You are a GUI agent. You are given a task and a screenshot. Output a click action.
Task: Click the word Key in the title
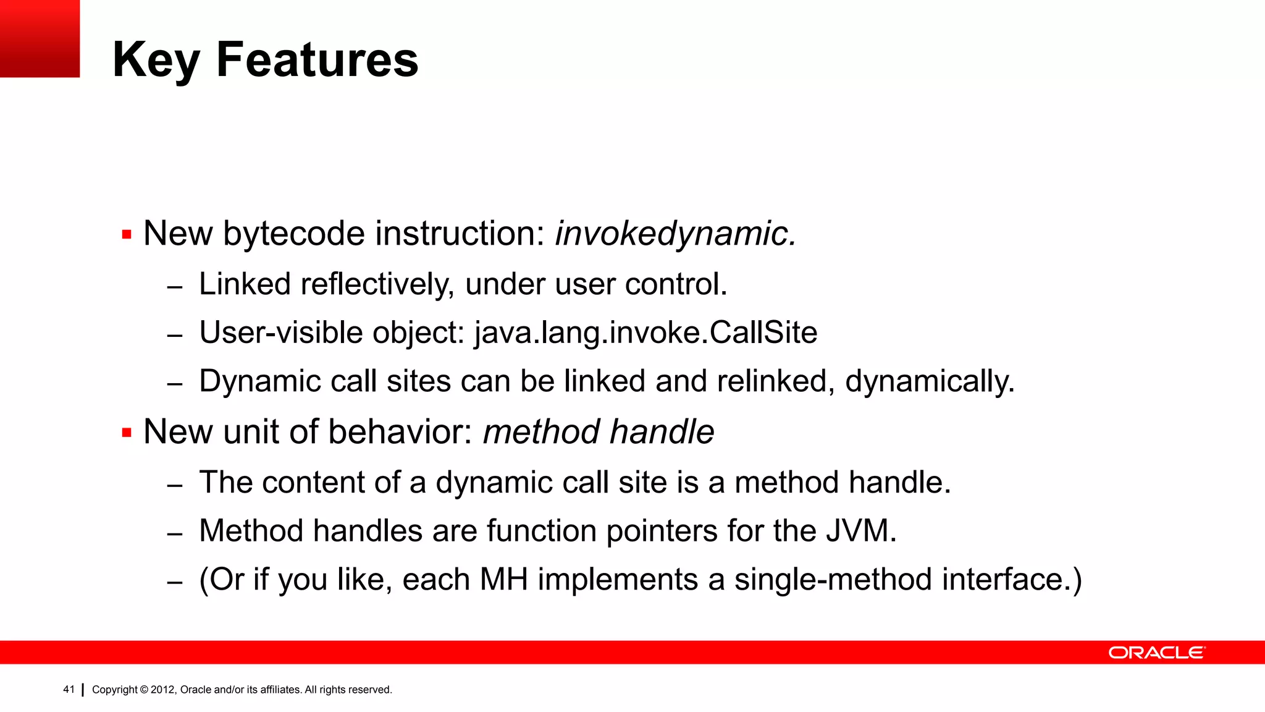[156, 61]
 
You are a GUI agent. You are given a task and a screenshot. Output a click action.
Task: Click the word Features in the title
[317, 59]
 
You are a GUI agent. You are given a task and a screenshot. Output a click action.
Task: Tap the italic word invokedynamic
[676, 234]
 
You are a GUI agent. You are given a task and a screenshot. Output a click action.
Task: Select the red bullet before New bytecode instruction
[127, 235]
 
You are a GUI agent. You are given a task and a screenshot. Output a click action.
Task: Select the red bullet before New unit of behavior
[127, 433]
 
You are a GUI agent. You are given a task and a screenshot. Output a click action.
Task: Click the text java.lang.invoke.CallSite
[646, 333]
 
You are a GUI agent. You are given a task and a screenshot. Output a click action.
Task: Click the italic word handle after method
[662, 431]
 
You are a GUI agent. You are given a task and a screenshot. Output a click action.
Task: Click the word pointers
[662, 531]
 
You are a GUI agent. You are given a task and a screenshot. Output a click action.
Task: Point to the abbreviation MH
[503, 580]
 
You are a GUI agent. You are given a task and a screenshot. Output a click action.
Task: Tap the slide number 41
[69, 689]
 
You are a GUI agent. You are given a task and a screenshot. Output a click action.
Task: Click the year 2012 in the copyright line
[163, 690]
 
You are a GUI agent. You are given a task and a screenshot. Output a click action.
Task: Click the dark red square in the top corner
[40, 38]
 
